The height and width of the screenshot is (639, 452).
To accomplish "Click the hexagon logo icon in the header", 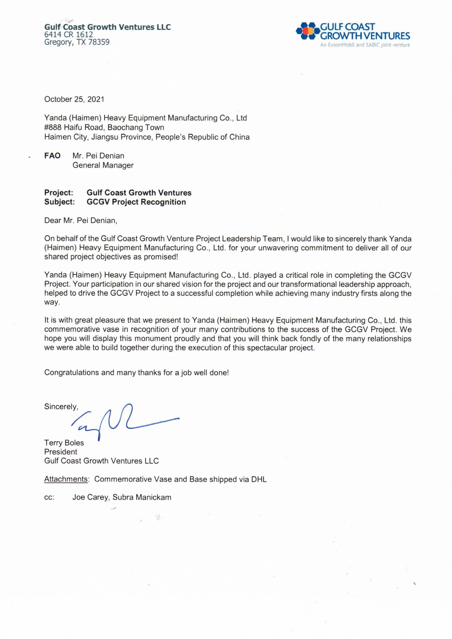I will pyautogui.click(x=307, y=31).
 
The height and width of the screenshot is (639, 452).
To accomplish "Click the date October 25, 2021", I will pyautogui.click(x=74, y=99).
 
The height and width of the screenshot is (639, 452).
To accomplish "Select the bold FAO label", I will pyautogui.click(x=52, y=156).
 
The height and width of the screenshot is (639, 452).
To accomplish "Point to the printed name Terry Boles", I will pyautogui.click(x=64, y=443).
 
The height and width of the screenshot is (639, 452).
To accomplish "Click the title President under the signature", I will pyautogui.click(x=61, y=452).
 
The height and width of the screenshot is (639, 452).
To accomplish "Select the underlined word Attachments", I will pyautogui.click(x=66, y=479).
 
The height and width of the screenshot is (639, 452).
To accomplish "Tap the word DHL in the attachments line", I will pyautogui.click(x=259, y=479).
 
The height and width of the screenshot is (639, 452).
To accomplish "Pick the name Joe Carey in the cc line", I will pyautogui.click(x=90, y=497).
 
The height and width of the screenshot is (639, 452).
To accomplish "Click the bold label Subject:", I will pyautogui.click(x=60, y=202).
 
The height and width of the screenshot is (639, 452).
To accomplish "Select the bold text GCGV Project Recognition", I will pyautogui.click(x=136, y=202).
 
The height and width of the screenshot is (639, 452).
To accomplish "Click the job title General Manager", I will pyautogui.click(x=103, y=165).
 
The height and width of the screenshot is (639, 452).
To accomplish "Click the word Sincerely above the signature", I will pyautogui.click(x=61, y=407).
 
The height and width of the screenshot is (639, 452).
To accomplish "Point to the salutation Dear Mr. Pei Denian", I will pyautogui.click(x=80, y=220).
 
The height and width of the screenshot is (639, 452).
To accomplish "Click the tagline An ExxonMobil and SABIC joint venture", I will pyautogui.click(x=365, y=45).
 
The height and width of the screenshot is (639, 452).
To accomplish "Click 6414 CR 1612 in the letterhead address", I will pyautogui.click(x=69, y=35).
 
